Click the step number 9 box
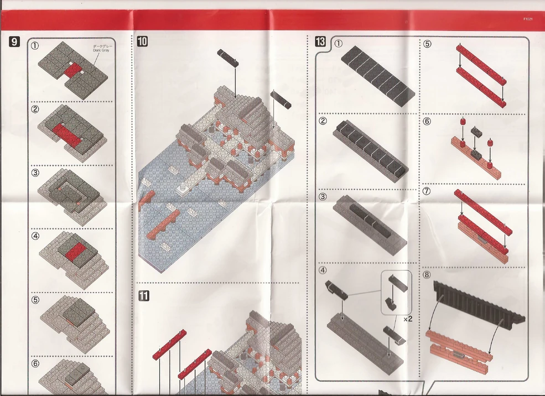tap(15, 41)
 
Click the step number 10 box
tap(142, 41)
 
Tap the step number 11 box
tap(143, 296)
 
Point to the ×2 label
tap(408, 319)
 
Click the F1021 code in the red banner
tap(528, 19)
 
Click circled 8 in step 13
tap(427, 275)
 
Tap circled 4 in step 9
tap(35, 236)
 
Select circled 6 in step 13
tap(427, 122)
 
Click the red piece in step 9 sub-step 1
tap(70, 70)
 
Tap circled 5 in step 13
tap(427, 44)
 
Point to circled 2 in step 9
tap(35, 109)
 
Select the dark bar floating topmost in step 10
tap(227, 57)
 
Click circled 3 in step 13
tap(338, 197)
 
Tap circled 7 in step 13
tap(427, 191)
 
